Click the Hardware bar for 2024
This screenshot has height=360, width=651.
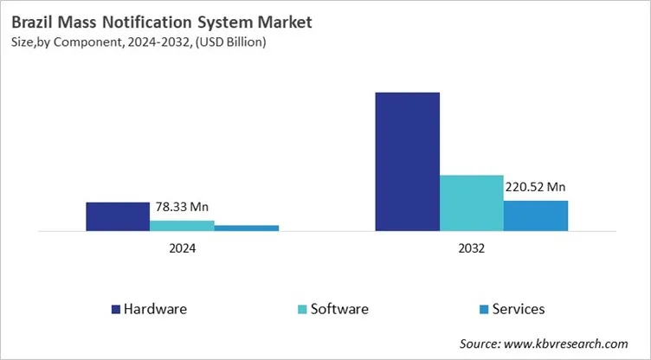point(118,216)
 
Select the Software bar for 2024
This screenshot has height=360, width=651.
point(182,226)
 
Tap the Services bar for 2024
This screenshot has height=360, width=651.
point(247,228)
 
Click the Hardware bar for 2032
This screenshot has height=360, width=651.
point(407,162)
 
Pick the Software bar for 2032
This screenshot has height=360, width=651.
point(472,203)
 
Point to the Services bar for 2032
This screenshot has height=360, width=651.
point(536,215)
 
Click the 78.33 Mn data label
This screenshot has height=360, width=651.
point(182,207)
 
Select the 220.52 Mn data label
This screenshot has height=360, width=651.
point(535,186)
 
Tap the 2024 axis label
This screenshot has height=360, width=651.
point(182,247)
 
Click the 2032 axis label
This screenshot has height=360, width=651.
point(472,247)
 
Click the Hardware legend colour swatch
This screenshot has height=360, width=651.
point(116,309)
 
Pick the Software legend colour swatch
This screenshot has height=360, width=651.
point(302,309)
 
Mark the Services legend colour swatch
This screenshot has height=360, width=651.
point(484,309)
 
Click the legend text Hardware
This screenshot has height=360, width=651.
point(155,309)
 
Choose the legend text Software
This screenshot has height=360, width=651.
point(339,309)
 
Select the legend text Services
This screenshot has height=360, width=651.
point(519,309)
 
